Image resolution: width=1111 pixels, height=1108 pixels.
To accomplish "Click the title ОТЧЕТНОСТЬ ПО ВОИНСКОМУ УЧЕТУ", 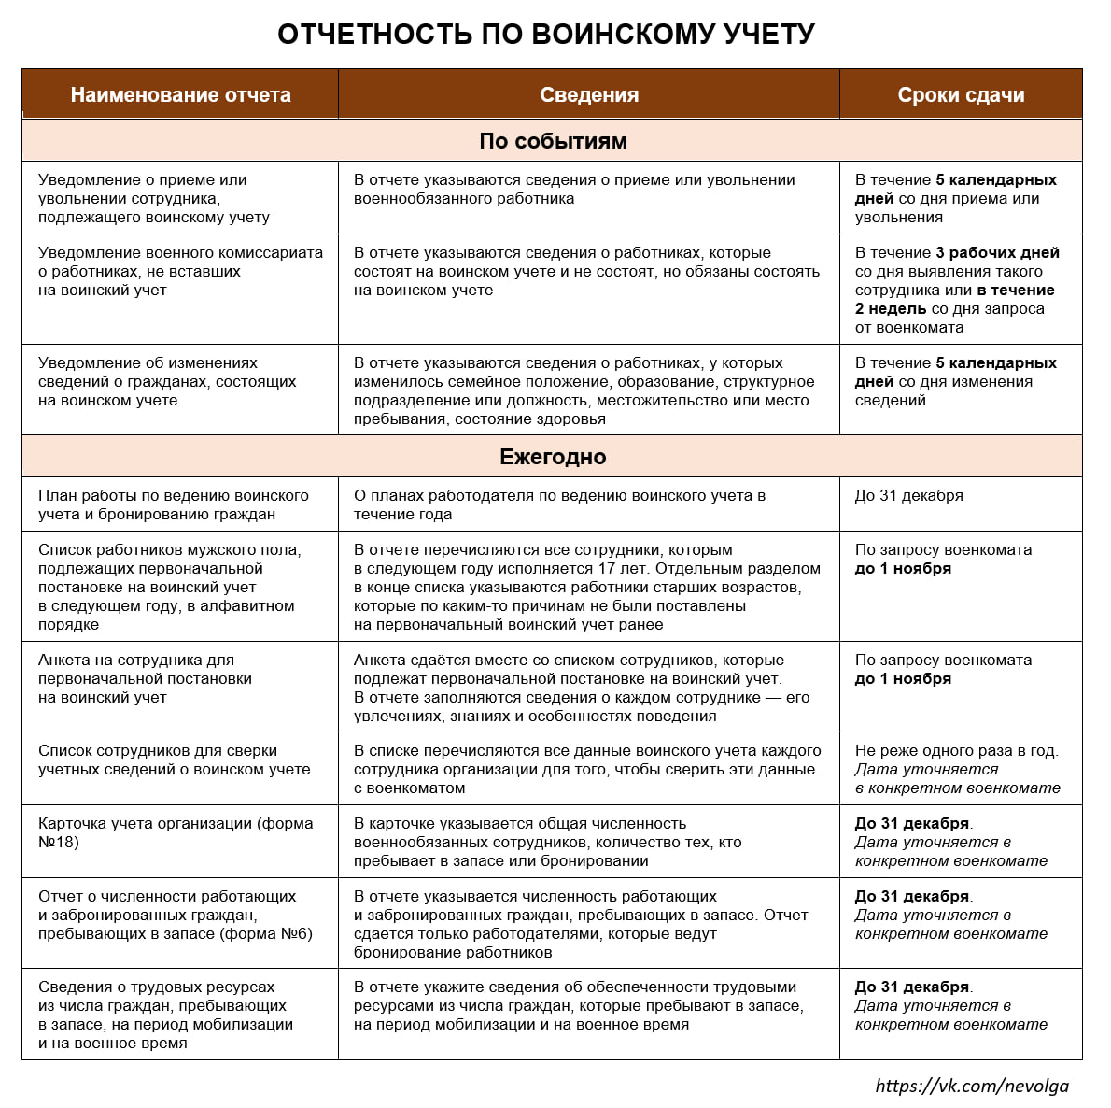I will (546, 35).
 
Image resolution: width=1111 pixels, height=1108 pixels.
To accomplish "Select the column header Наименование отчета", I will (180, 95).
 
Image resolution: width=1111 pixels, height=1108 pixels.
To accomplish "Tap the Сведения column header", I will (589, 95).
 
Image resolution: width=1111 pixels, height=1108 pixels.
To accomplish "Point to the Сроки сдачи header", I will (961, 95).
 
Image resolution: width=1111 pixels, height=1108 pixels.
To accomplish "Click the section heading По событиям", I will (553, 141).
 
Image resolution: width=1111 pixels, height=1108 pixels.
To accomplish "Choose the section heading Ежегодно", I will (553, 457).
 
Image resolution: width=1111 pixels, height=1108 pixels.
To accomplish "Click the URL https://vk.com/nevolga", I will (972, 1085).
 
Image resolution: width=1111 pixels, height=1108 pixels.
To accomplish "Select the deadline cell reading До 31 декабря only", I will (908, 496).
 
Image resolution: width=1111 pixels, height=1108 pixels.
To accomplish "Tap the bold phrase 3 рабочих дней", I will (997, 253).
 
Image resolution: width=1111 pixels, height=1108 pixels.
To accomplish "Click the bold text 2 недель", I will (891, 309).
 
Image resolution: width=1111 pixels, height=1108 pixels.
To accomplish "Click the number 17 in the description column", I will (607, 569).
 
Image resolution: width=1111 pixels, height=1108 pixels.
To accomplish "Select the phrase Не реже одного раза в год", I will (956, 750).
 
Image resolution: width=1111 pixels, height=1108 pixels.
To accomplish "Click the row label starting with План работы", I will (173, 504).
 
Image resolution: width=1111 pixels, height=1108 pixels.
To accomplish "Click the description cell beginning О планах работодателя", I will (559, 504).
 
